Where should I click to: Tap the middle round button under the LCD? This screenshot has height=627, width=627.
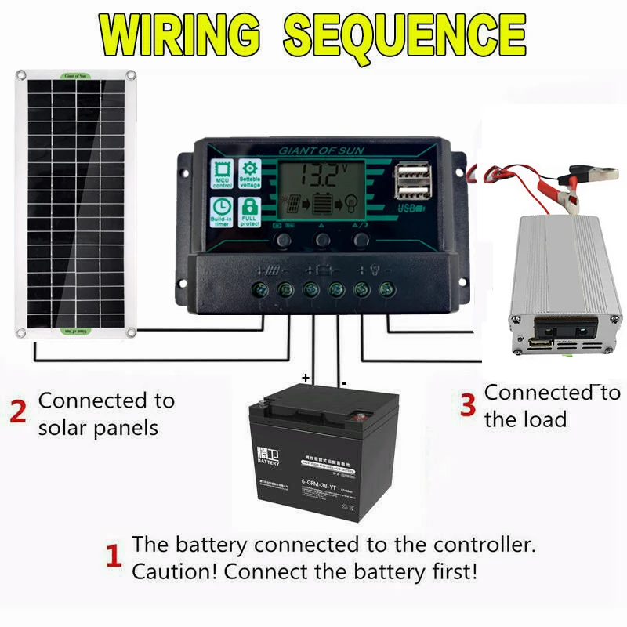point(322,239)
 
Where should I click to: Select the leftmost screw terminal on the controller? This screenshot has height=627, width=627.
point(260,290)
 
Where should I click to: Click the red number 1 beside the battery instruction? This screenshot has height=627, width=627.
point(114,557)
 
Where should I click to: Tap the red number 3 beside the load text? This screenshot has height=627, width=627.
point(468,405)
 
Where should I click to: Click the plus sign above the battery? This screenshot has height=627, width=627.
point(305,378)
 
